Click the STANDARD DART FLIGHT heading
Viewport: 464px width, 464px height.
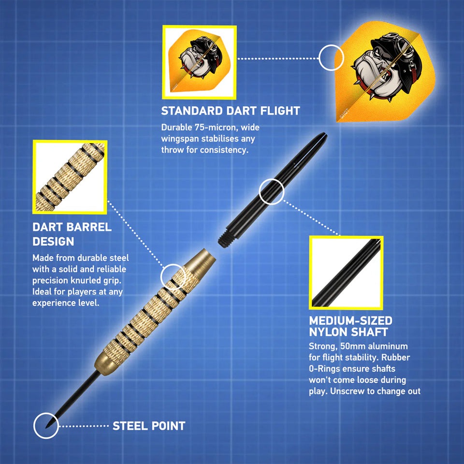(x=231, y=111)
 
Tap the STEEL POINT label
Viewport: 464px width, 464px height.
(x=148, y=426)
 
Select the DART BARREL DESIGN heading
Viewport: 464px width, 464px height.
(x=72, y=233)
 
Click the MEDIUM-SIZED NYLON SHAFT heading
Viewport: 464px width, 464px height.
(x=350, y=326)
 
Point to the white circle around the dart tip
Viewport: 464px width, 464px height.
(x=46, y=426)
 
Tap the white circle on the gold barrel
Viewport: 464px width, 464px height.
(x=173, y=276)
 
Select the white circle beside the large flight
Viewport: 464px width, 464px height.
(x=331, y=58)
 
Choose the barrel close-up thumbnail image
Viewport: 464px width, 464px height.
(x=70, y=177)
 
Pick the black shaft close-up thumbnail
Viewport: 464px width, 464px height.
(x=346, y=273)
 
